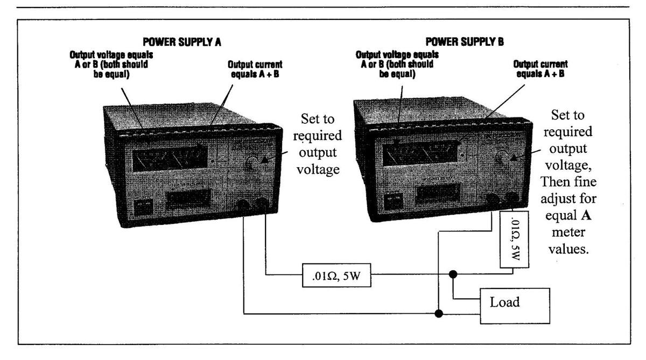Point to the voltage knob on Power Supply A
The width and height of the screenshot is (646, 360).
pyautogui.click(x=251, y=163)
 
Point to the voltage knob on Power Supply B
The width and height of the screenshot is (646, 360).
pyautogui.click(x=501, y=158)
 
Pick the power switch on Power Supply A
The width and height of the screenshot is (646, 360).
pyautogui.click(x=143, y=207)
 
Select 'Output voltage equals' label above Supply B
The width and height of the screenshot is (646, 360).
pyautogui.click(x=397, y=55)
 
